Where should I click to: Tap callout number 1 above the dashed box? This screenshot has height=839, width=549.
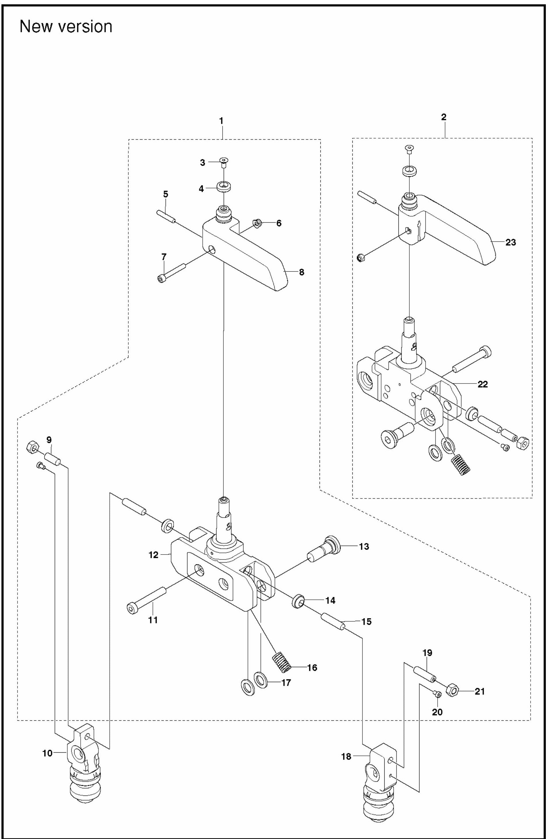(x=221, y=121)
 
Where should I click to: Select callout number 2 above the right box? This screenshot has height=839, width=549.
(x=444, y=117)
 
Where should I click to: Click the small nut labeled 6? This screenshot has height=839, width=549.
(x=257, y=223)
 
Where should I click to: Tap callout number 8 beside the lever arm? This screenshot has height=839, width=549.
(x=301, y=272)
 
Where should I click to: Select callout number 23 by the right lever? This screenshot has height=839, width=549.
(x=511, y=242)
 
